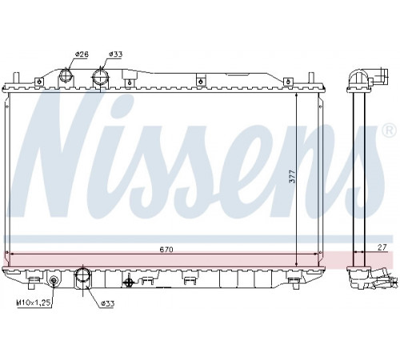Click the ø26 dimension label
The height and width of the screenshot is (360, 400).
tap(82, 54)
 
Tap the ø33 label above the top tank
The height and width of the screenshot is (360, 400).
tap(115, 54)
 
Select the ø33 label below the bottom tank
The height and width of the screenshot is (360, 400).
tap(108, 303)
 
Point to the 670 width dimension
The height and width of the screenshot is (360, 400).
tap(166, 250)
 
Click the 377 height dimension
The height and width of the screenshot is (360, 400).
tap(293, 177)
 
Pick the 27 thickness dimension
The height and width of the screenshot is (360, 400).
tap(382, 247)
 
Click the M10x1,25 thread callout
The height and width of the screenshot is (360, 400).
tap(34, 302)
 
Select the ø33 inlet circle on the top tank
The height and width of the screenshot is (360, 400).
tap(100, 77)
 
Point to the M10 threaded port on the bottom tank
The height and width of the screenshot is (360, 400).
tap(54, 280)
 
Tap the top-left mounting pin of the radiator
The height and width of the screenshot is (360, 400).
tap(16, 78)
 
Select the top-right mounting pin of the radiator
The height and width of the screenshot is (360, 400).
tap(311, 78)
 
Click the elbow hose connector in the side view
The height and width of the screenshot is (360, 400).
tap(369, 77)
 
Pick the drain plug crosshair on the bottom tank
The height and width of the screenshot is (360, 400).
tap(129, 282)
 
